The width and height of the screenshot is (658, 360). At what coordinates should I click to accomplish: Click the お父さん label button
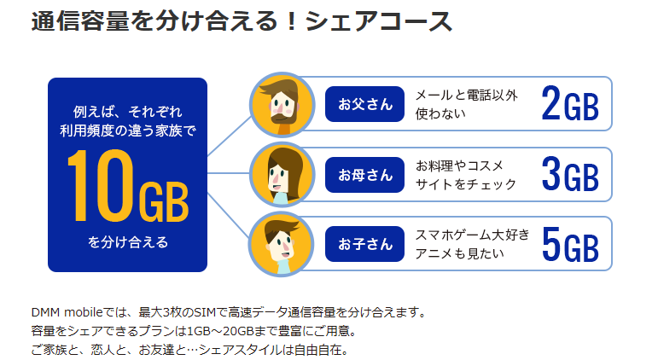364,104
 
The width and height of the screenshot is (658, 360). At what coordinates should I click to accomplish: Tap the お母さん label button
364,175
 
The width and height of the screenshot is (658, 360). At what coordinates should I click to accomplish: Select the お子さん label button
364,244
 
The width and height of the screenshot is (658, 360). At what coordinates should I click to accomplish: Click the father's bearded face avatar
282,104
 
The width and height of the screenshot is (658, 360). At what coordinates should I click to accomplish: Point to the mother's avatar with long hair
282,175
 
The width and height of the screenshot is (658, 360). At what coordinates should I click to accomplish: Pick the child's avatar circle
282,244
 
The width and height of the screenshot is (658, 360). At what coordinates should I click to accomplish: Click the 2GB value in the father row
570,103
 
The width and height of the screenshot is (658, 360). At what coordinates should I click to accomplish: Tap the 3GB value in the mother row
570,174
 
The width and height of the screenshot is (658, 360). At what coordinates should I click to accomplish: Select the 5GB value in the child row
570,244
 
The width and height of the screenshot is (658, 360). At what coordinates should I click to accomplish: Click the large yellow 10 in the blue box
101,185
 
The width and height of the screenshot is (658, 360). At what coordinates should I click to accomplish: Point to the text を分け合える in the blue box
128,242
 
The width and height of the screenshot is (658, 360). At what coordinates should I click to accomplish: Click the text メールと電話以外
466,96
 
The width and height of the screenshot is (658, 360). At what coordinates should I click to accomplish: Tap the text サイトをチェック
466,184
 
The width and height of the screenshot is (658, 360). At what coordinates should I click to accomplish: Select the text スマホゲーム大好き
473,235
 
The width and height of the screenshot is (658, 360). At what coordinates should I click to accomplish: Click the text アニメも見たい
459,253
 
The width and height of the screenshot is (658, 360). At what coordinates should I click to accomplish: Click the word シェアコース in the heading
379,21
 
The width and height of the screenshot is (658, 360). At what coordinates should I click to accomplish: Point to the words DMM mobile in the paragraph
67,312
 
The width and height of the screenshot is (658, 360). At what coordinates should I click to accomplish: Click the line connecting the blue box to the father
230,136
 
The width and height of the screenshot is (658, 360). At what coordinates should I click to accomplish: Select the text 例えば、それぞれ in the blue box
127,112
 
